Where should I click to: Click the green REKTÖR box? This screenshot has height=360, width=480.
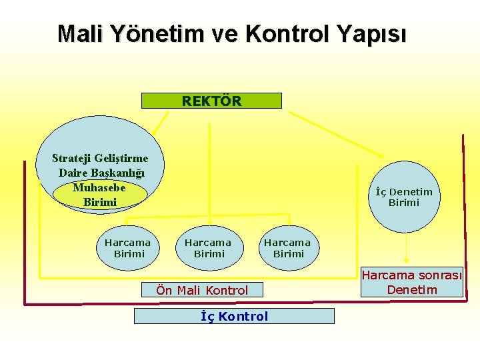[x=211, y=101]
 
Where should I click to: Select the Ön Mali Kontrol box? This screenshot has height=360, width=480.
[x=202, y=290]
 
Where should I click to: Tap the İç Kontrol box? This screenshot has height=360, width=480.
[x=234, y=316]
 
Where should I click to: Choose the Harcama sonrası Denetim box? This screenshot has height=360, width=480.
[x=412, y=283]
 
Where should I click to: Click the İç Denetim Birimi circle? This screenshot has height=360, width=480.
[x=403, y=197]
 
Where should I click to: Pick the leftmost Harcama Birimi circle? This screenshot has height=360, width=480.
[x=128, y=248]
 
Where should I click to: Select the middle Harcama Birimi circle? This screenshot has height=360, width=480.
[x=207, y=248]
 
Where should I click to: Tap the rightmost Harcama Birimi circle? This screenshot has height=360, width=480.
[x=287, y=248]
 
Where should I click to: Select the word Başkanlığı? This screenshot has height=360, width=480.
[x=121, y=173]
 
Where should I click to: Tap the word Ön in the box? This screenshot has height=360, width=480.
[x=164, y=290]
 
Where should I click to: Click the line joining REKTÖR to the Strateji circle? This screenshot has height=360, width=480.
[x=161, y=121]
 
